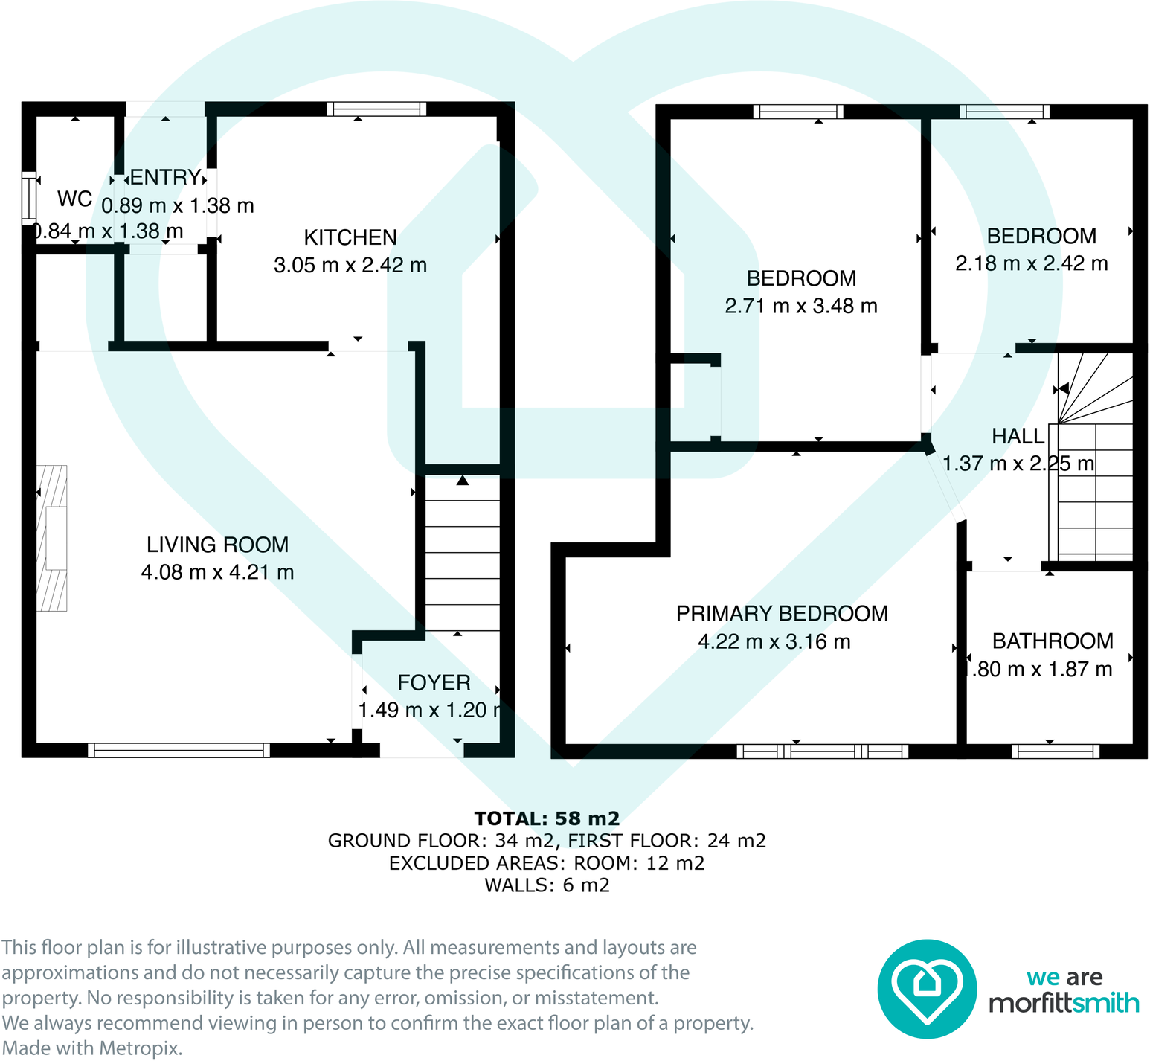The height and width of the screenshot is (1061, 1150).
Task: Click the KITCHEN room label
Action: click(x=350, y=237)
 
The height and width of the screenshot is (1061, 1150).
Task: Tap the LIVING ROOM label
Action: click(x=217, y=545)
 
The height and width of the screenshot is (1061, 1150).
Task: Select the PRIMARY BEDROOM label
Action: click(x=782, y=614)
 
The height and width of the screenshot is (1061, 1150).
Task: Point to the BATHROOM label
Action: click(x=1053, y=641)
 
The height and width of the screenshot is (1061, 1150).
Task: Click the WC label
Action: click(x=74, y=199)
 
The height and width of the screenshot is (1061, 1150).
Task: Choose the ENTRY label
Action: click(x=165, y=178)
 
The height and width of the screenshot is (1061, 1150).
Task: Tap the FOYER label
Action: click(x=434, y=683)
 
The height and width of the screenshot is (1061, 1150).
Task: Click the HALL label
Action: click(x=1018, y=437)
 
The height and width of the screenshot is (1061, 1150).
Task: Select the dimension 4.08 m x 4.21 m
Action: click(x=217, y=572)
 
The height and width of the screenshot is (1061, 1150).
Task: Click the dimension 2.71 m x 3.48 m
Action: click(x=801, y=306)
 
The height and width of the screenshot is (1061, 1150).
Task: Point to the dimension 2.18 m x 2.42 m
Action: click(x=1031, y=263)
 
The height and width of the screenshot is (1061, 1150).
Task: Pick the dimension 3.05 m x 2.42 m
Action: click(x=350, y=265)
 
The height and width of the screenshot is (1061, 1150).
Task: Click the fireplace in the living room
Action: click(x=52, y=538)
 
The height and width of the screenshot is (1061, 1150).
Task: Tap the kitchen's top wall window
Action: click(x=376, y=109)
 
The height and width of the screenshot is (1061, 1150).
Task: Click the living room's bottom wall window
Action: click(x=179, y=750)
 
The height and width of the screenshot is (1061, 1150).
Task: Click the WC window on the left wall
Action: click(x=28, y=198)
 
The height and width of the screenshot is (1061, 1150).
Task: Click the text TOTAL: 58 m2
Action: click(x=547, y=818)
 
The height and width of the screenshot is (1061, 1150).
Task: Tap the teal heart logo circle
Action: click(x=926, y=989)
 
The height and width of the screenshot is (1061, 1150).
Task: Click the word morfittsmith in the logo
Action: click(x=1064, y=1003)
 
